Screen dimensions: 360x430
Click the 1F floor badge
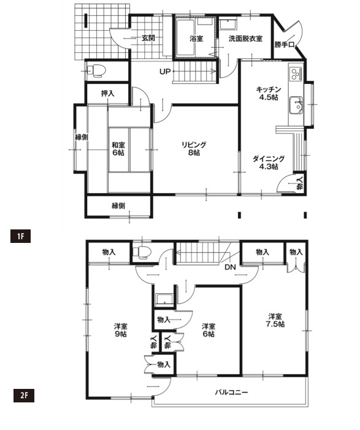coord(20,236)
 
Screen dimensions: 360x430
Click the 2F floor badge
coord(24,395)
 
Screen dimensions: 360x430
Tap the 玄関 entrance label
coord(148,38)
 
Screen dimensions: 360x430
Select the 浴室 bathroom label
coord(196,39)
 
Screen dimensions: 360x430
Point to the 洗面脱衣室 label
coord(245,39)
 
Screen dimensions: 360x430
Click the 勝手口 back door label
coord(284,44)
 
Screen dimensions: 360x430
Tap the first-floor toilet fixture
coord(96,71)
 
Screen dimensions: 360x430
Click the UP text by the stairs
coord(165,72)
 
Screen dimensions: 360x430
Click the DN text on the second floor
coord(231,267)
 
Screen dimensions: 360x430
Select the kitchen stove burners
coord(296,73)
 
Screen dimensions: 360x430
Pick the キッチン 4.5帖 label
coord(269,93)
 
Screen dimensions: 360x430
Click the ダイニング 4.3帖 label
coord(269,163)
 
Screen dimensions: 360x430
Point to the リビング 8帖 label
coord(194,148)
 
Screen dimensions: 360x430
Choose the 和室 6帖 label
coord(118,148)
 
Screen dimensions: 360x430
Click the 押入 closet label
coord(107,93)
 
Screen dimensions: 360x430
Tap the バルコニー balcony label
coord(231,392)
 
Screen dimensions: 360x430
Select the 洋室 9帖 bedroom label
coord(121,330)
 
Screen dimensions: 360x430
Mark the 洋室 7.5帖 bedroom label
coord(275,320)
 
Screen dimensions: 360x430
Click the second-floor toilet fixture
coord(140,252)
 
